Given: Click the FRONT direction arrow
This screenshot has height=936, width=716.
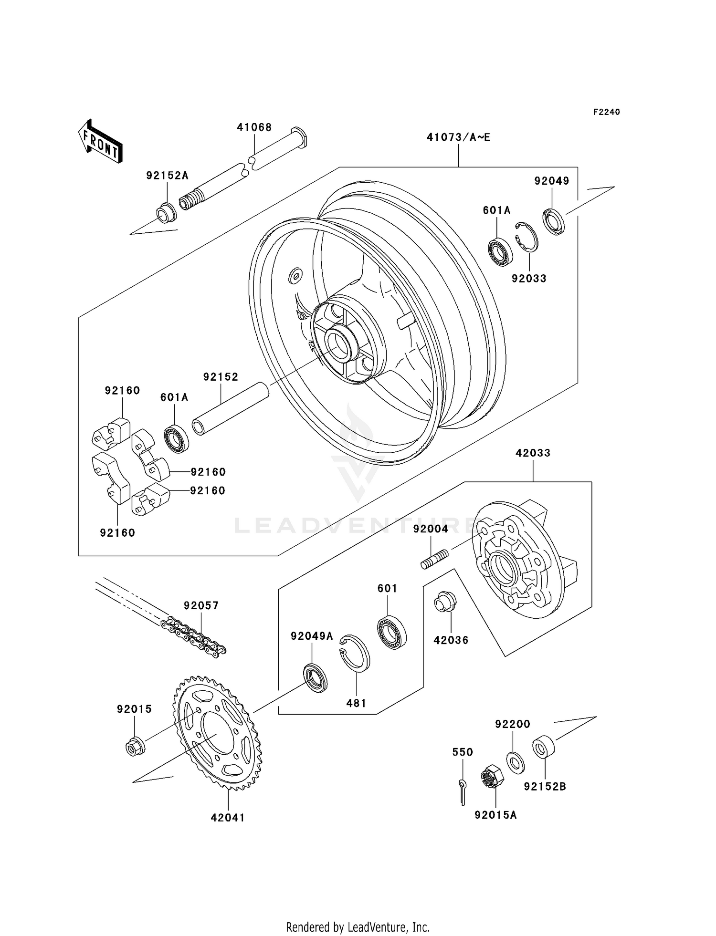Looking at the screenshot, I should click(x=100, y=142).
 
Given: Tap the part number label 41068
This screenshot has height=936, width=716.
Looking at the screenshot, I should click(x=254, y=127).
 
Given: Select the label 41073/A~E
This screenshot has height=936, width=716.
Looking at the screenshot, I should click(x=458, y=137).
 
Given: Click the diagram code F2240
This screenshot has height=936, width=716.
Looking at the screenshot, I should click(x=606, y=112).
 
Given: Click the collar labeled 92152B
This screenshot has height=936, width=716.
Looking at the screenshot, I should click(x=543, y=748).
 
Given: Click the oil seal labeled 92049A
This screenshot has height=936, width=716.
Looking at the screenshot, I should click(x=316, y=677).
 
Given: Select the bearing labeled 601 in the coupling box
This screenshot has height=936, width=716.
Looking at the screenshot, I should click(x=391, y=633).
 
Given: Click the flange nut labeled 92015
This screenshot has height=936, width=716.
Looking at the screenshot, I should click(x=135, y=746).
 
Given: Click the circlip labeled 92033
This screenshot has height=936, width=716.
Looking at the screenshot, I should click(x=526, y=237).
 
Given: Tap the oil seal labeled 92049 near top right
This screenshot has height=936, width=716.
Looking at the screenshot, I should click(x=553, y=221).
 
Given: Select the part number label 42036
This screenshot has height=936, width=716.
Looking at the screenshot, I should click(x=451, y=640).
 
